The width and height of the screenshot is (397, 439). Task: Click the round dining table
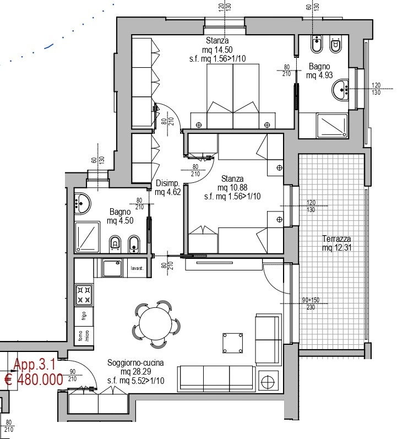(x=156, y=325)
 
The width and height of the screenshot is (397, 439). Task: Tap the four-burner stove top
(x=84, y=295)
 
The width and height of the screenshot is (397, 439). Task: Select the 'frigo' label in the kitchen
(x=84, y=316)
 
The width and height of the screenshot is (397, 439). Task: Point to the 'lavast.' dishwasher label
(x=137, y=268)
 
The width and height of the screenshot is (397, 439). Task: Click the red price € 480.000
(x=34, y=380)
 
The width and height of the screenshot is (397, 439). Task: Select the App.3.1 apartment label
(x=35, y=364)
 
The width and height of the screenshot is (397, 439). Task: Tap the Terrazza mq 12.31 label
(x=336, y=243)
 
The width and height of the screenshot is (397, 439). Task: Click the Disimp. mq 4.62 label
(x=168, y=188)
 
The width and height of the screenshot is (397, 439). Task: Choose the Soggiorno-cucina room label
(x=135, y=363)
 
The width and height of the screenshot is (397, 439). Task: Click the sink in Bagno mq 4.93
(x=340, y=89)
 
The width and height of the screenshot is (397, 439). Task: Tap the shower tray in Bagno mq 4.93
(x=332, y=126)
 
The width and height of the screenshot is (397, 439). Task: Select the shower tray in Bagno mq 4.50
(x=88, y=237)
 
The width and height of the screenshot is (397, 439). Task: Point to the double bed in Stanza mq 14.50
(x=233, y=96)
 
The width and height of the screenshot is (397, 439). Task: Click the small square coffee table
(x=233, y=343)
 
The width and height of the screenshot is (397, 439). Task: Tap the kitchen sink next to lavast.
(x=112, y=268)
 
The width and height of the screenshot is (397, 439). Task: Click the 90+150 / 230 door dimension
(x=311, y=303)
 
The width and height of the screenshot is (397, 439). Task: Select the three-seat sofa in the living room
(x=216, y=378)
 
